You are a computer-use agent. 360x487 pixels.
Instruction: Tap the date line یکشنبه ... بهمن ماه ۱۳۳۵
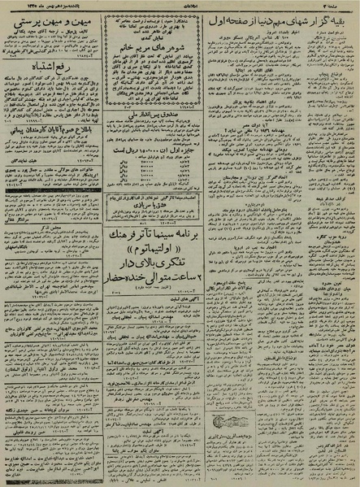[x=55, y=5]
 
